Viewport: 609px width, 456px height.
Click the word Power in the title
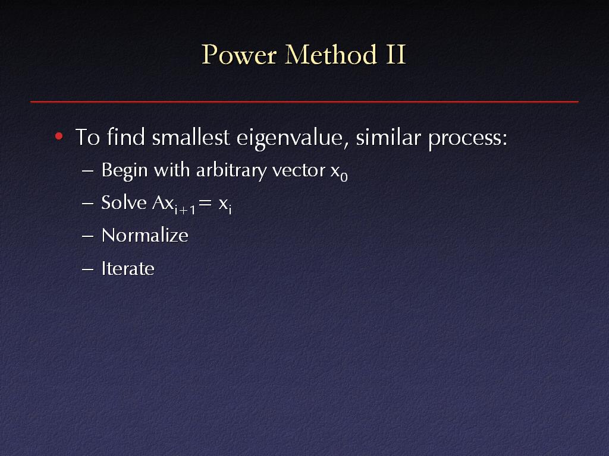coord(239,54)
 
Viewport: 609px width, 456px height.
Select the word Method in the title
coord(331,54)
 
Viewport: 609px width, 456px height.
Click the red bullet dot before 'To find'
coord(59,136)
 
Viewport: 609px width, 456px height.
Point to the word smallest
coord(191,137)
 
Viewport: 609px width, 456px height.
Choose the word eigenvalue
coord(290,138)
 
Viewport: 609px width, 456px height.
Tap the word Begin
coord(124,171)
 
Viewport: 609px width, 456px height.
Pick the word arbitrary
coord(231,171)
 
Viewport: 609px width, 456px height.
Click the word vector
coord(299,170)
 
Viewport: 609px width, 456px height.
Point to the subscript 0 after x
coord(344,178)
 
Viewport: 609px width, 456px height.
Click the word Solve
coord(124,202)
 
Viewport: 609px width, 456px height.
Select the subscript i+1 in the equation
coord(185,210)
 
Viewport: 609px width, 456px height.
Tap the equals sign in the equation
coord(205,203)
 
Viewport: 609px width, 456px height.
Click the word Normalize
coord(145,235)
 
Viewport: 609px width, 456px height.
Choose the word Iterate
coord(128,268)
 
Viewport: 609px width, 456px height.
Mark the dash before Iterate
coord(88,269)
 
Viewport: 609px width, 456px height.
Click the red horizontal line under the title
coord(304,102)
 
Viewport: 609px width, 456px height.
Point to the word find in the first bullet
coord(126,137)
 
